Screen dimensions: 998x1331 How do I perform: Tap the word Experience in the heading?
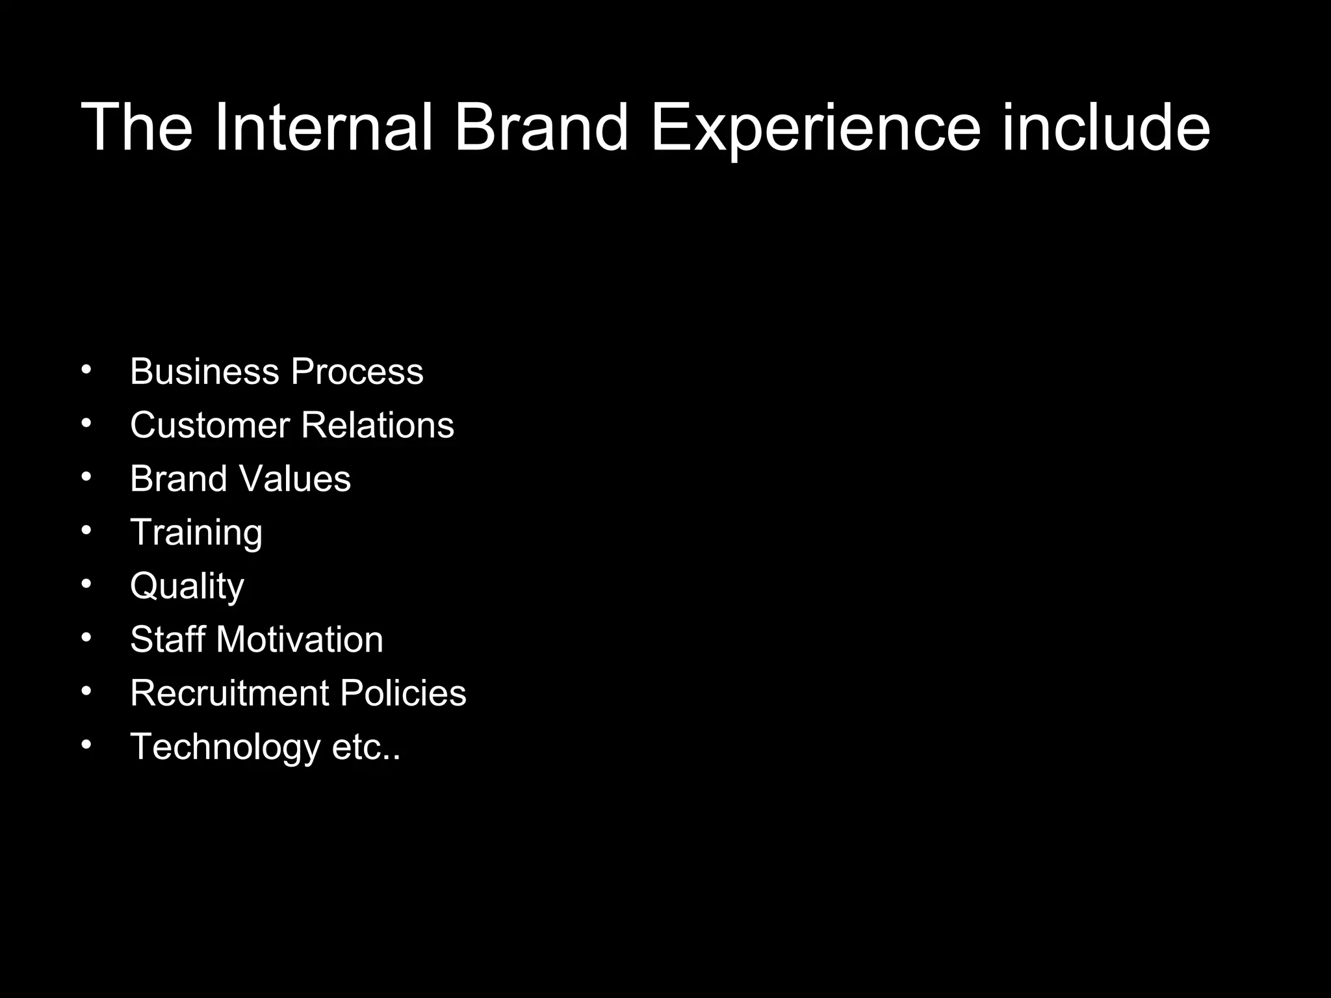click(x=815, y=128)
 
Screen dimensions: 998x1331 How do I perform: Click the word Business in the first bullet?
click(x=204, y=372)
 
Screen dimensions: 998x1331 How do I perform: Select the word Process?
click(x=357, y=372)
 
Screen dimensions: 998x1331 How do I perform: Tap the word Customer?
click(x=209, y=426)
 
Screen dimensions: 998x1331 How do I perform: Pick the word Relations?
click(x=378, y=426)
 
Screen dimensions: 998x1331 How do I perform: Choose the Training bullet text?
click(x=196, y=533)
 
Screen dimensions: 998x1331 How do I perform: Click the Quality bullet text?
click(x=187, y=587)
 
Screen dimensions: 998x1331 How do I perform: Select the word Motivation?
click(x=300, y=639)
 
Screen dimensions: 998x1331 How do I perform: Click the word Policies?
click(x=403, y=693)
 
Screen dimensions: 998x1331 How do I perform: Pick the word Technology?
click(x=225, y=747)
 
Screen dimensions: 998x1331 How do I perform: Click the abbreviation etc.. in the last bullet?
click(x=366, y=747)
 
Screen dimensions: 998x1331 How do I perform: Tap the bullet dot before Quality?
click(x=87, y=583)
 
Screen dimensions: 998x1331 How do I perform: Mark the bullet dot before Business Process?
click(x=87, y=369)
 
